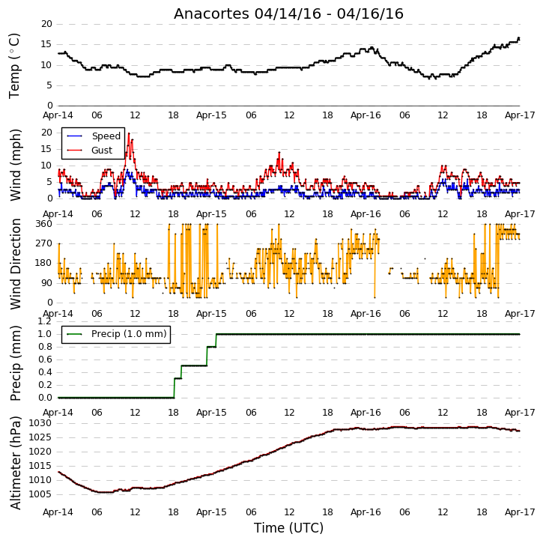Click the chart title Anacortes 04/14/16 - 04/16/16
(288, 13)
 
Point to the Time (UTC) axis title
(288, 528)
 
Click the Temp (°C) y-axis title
(14, 66)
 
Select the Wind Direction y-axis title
(15, 264)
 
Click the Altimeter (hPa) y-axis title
(15, 463)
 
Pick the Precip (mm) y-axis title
(15, 363)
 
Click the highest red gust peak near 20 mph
(129, 133)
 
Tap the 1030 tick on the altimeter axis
(40, 423)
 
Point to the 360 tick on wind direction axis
(44, 224)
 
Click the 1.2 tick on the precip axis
(45, 321)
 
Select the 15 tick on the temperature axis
(46, 44)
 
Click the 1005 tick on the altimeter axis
(40, 494)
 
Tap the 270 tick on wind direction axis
(44, 243)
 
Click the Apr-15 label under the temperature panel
(211, 115)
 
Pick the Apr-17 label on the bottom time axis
(520, 512)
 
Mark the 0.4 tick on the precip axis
(45, 372)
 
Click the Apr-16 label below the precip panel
(365, 413)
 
